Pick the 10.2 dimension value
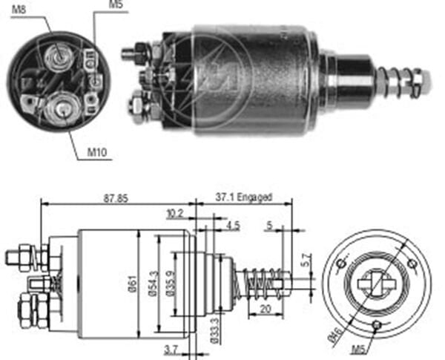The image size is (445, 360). pyautogui.click(x=174, y=213)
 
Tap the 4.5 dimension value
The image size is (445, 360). pyautogui.click(x=234, y=225)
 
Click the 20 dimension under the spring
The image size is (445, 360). pyautogui.click(x=265, y=310)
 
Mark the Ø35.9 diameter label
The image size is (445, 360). pyautogui.click(x=171, y=283)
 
